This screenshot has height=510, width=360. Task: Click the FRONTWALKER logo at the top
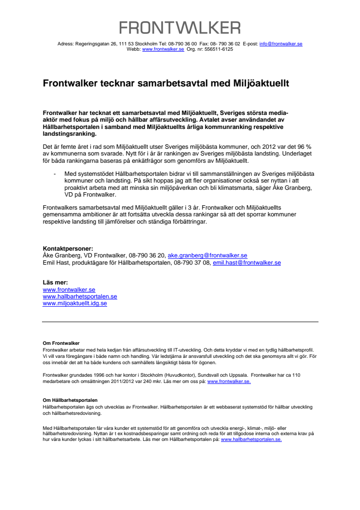180,28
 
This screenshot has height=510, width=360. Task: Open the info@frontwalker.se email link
281,44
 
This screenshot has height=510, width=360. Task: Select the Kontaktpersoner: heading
68,249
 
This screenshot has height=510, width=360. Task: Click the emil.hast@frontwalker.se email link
247,263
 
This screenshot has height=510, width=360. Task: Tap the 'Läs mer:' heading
55,283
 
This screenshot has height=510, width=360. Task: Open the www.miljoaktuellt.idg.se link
75,303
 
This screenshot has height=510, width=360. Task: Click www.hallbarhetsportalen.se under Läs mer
80,297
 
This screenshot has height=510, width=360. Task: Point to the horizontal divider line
180,322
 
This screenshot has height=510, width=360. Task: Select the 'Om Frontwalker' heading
61,343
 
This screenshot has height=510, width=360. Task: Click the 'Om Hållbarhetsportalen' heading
70,400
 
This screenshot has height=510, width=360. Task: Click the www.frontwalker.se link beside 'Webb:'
163,49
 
